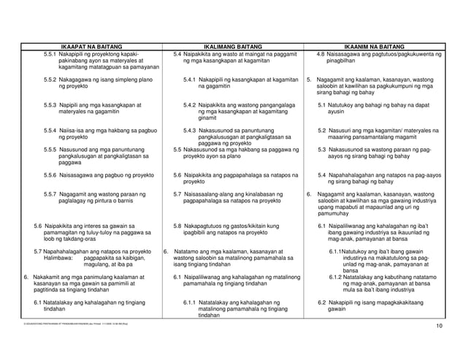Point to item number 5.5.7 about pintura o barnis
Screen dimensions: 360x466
pos(51,194)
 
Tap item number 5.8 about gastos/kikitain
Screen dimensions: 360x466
pos(178,226)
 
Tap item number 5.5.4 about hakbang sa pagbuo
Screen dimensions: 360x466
pos(51,129)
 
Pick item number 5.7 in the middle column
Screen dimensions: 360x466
pos(178,194)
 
